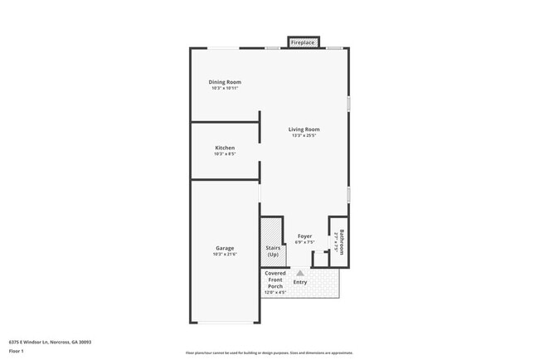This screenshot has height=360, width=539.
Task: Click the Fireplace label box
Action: pyautogui.click(x=303, y=41)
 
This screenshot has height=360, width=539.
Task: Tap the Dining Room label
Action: pyautogui.click(x=225, y=81)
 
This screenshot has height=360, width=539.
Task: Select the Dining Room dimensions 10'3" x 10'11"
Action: pyautogui.click(x=225, y=88)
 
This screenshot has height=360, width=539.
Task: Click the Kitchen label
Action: pyautogui.click(x=225, y=148)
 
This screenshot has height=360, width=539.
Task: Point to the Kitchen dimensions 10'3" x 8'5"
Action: pyautogui.click(x=225, y=154)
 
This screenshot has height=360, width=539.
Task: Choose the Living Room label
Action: pyautogui.click(x=304, y=129)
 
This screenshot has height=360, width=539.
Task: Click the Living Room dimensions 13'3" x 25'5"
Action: pyautogui.click(x=304, y=136)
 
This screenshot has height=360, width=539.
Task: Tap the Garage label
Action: pyautogui.click(x=225, y=248)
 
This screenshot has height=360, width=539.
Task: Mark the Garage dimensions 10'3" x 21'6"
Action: pyautogui.click(x=225, y=255)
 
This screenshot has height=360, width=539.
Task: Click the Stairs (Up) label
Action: pyautogui.click(x=273, y=251)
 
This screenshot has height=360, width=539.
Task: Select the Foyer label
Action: pyautogui.click(x=304, y=236)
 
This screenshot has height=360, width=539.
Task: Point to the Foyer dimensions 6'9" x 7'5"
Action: pyautogui.click(x=304, y=243)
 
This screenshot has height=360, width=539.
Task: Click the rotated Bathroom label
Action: pyautogui.click(x=340, y=241)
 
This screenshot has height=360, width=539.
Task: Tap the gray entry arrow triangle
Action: pyautogui.click(x=300, y=272)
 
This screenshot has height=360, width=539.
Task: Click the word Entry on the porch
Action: pyautogui.click(x=300, y=282)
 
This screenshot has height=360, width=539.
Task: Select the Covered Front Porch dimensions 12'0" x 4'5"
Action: pyautogui.click(x=274, y=293)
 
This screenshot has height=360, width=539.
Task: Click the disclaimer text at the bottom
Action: pyautogui.click(x=269, y=352)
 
